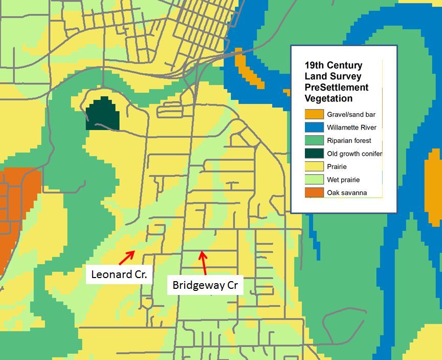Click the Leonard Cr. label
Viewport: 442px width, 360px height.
pos(119,274)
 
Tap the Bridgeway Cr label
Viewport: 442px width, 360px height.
pos(205,285)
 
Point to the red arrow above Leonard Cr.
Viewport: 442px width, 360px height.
pos(127,254)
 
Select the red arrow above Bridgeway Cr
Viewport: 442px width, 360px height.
pos(204,261)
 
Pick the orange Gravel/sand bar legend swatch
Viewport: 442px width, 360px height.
pos(314,115)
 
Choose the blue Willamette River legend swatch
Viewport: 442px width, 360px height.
pos(314,128)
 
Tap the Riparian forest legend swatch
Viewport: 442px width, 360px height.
pos(314,140)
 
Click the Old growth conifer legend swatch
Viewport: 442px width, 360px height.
pos(314,154)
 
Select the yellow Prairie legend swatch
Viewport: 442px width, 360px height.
pos(314,166)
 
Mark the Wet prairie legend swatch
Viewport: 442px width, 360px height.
pos(314,180)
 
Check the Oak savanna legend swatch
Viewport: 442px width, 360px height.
pos(314,193)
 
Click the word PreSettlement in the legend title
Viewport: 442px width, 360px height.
pos(336,88)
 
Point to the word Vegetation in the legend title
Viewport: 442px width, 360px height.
pos(328,98)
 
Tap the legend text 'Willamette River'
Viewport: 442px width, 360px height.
pos(351,128)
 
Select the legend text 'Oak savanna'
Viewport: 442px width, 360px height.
pos(347,193)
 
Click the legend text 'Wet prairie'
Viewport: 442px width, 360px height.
pos(343,180)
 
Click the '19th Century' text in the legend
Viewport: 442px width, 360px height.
pos(333,66)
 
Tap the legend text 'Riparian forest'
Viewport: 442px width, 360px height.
pos(349,141)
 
